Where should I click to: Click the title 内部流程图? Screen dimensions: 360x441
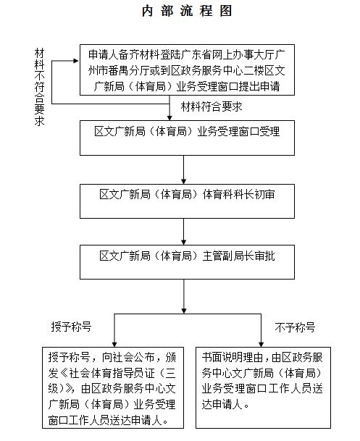click(187, 12)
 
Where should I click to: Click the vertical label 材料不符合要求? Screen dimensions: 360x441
click(39, 87)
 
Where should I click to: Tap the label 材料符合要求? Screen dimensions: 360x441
click(212, 106)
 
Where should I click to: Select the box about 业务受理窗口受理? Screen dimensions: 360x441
click(187, 138)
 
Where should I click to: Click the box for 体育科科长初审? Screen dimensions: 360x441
click(187, 201)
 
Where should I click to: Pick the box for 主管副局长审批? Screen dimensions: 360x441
click(187, 262)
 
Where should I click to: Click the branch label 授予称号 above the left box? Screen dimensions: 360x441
click(71, 327)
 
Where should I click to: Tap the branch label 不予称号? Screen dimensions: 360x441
click(295, 327)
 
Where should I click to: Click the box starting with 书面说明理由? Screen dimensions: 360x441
click(263, 387)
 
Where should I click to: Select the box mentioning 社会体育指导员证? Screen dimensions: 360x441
click(113, 387)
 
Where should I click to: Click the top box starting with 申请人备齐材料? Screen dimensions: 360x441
click(187, 70)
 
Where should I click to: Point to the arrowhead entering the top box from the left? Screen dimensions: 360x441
click(76, 61)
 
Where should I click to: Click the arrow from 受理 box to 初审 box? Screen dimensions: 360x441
click(184, 169)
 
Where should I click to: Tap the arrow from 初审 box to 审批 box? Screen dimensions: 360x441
click(184, 232)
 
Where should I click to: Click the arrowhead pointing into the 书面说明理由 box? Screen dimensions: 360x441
click(261, 344)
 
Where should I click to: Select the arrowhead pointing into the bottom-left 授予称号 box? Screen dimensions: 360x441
click(114, 344)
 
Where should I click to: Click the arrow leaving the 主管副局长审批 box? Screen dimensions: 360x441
click(184, 296)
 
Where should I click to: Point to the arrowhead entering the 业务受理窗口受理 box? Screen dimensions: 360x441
click(169, 117)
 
